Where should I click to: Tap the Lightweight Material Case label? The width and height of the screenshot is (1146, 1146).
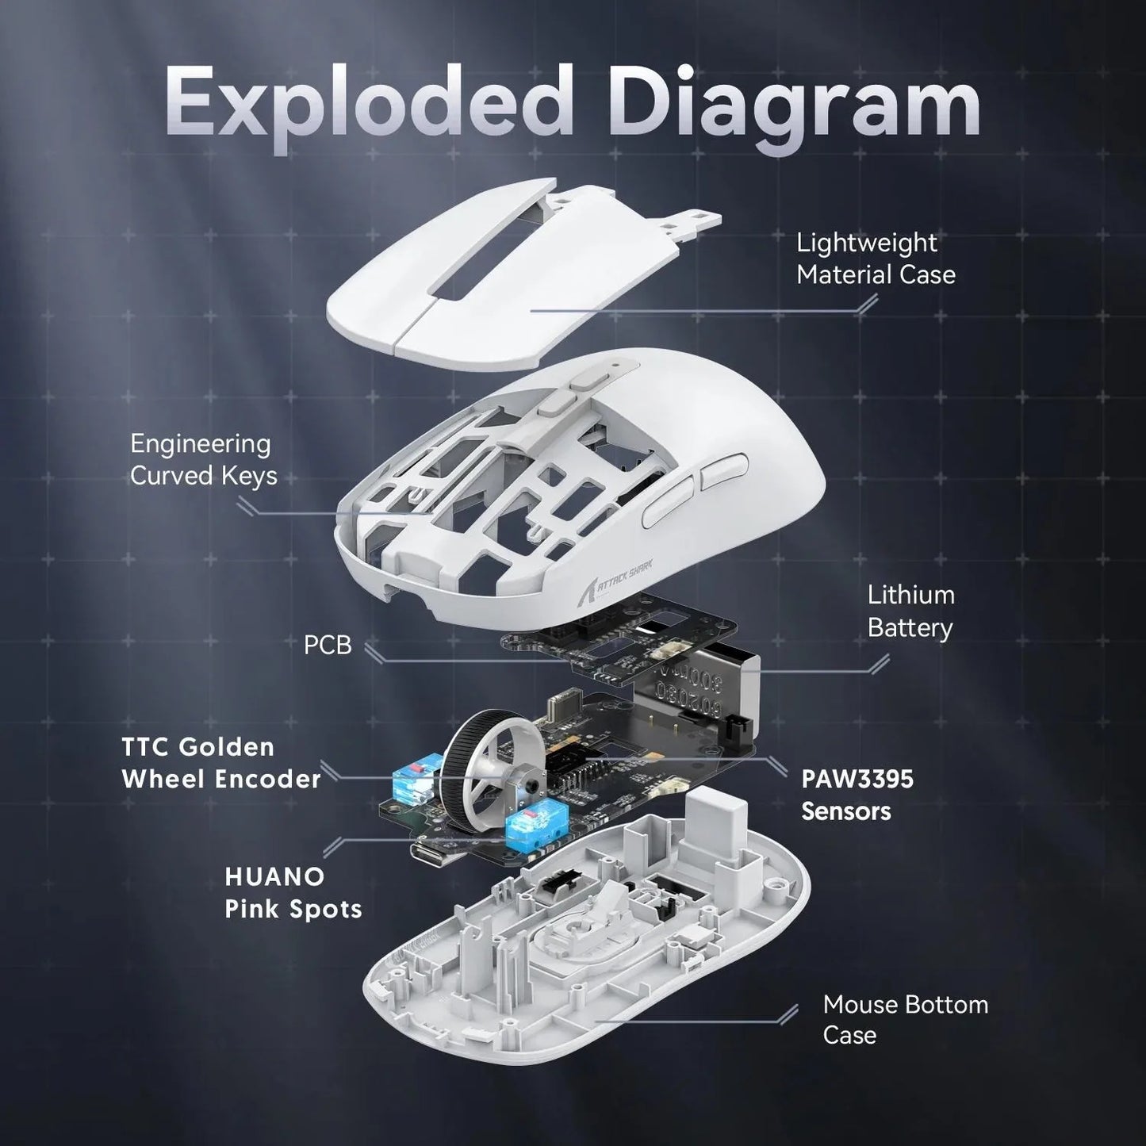(875, 259)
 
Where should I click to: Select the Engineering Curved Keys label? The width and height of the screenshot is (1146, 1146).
(203, 459)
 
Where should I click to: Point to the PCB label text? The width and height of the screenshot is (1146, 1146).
(327, 645)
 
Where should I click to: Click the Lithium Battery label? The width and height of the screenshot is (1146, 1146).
(910, 611)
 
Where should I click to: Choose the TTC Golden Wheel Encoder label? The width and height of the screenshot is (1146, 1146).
(220, 762)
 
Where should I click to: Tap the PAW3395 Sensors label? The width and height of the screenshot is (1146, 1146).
(857, 795)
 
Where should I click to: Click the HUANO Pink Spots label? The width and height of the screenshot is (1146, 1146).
(293, 892)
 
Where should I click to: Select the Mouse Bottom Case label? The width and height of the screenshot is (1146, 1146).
(904, 1019)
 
